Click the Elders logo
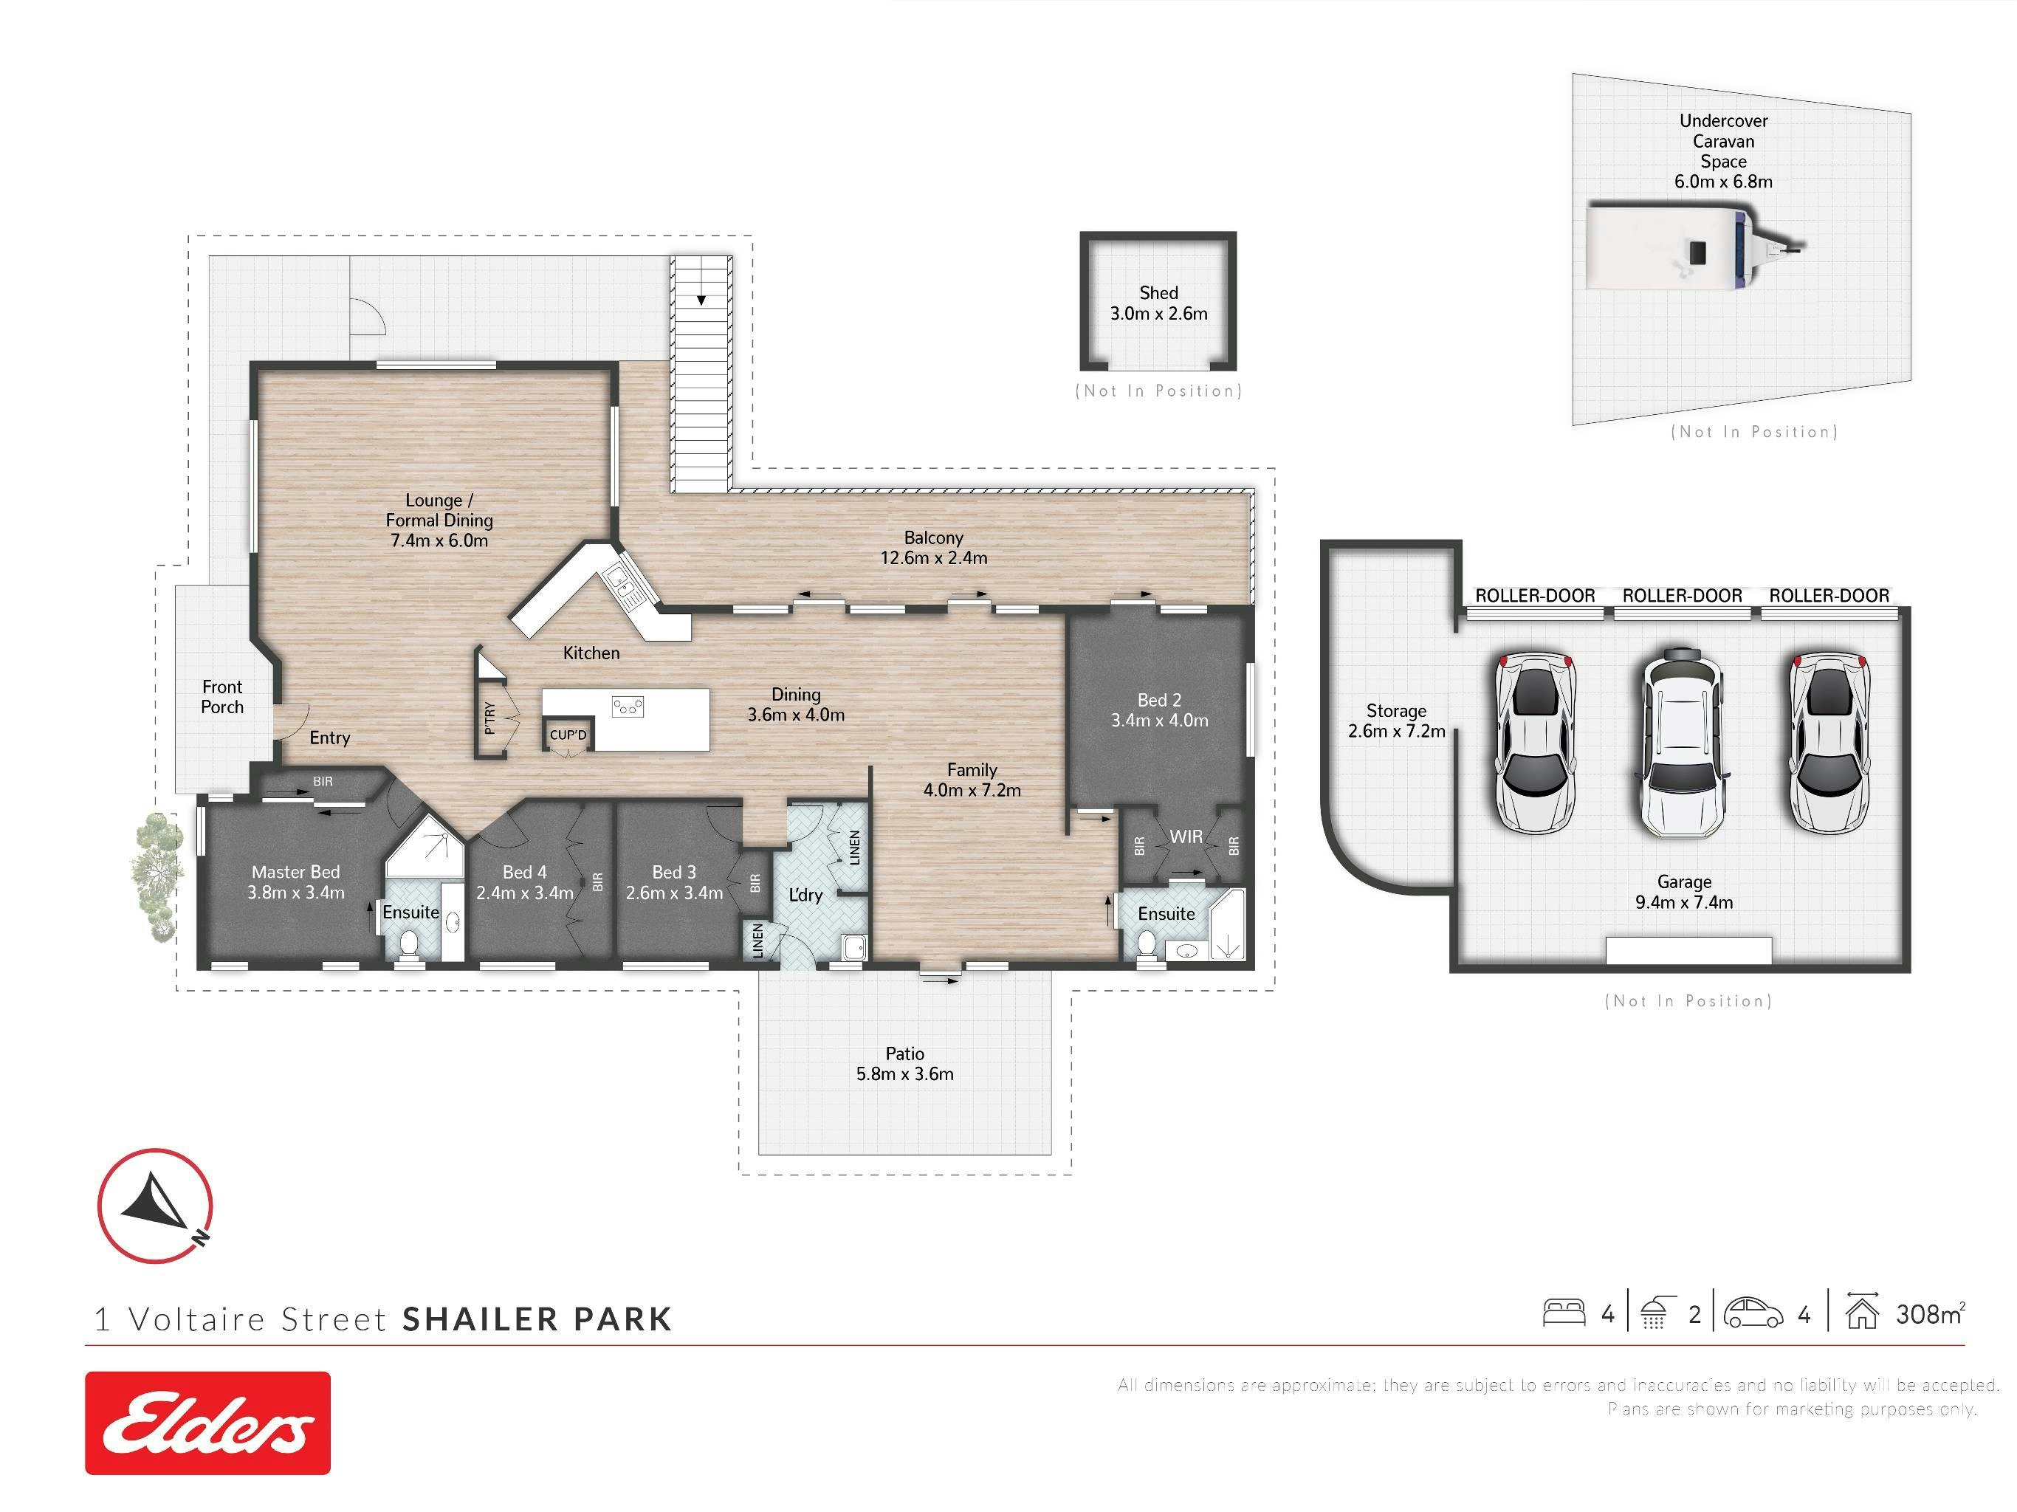[208, 1423]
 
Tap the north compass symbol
[155, 1206]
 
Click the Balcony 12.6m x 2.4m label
[934, 547]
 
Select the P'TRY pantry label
[489, 718]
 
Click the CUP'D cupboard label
[568, 734]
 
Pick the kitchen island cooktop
[628, 706]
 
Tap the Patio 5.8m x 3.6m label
[904, 1063]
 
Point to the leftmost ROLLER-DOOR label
[1536, 596]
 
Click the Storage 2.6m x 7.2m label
[1396, 721]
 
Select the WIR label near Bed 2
[1186, 836]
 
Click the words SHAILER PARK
[537, 1319]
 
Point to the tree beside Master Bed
[157, 876]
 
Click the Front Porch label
[222, 697]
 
